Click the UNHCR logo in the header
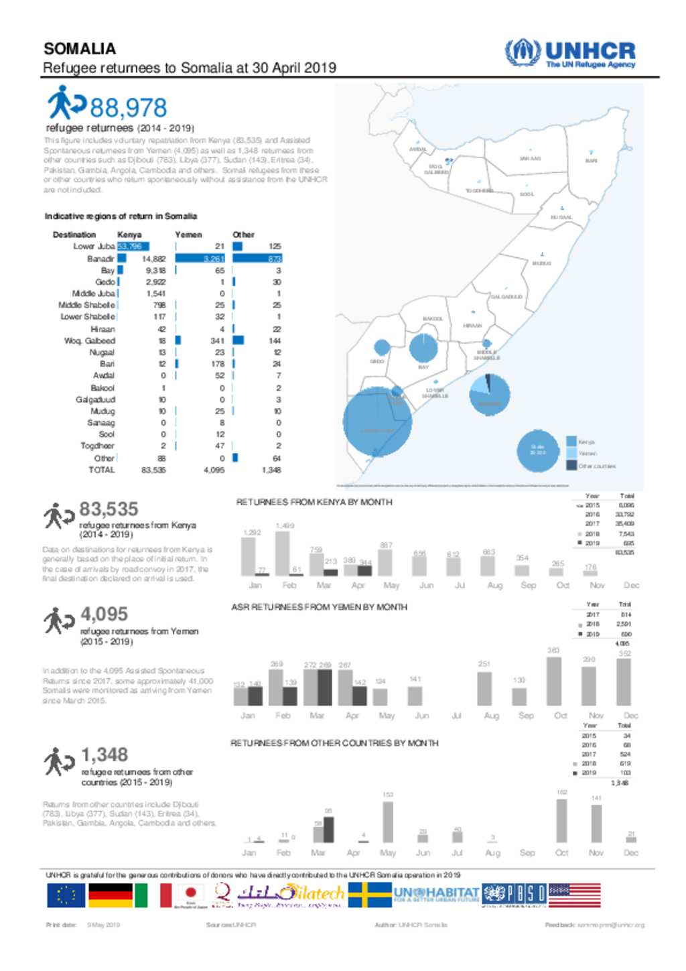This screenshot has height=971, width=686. pyautogui.click(x=569, y=54)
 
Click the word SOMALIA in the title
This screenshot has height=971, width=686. pyautogui.click(x=80, y=49)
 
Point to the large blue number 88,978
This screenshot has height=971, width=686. pyautogui.click(x=128, y=108)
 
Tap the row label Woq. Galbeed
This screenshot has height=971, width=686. pyautogui.click(x=89, y=340)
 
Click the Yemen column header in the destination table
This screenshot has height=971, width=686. pyautogui.click(x=188, y=235)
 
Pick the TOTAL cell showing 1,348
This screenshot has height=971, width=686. pyautogui.click(x=271, y=470)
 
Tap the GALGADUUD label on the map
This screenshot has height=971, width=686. pyautogui.click(x=506, y=297)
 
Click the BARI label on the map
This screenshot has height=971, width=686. pyautogui.click(x=591, y=161)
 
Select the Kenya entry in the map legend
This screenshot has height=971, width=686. pyautogui.click(x=586, y=442)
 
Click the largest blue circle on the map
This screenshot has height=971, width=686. pyautogui.click(x=377, y=422)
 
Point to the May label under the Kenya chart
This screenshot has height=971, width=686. pyautogui.click(x=391, y=585)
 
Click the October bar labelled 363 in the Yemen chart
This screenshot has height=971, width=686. pyautogui.click(x=554, y=681)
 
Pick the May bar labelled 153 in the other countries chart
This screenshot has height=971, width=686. pyautogui.click(x=388, y=822)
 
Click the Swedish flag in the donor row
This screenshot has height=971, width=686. pyautogui.click(x=370, y=895)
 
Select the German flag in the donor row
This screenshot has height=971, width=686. pyautogui.click(x=111, y=895)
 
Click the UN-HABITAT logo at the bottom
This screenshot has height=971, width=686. pyautogui.click(x=436, y=895)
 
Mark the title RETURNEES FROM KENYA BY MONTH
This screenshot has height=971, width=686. pyautogui.click(x=314, y=502)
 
